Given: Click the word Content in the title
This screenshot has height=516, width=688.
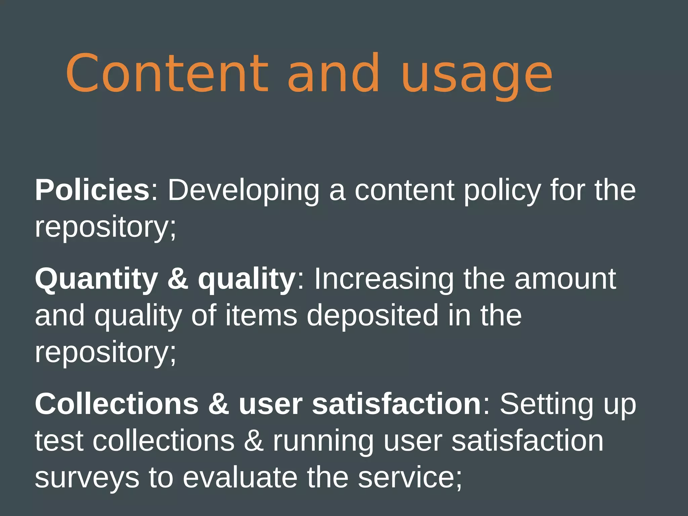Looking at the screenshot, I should tap(167, 73).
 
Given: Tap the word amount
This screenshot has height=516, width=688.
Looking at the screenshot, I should tap(565, 279).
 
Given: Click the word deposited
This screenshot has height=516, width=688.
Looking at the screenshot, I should tap(373, 316).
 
